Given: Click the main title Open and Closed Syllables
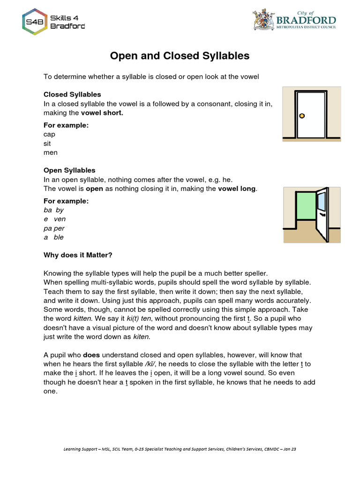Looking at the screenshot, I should [180, 56].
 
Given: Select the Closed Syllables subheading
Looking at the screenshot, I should [72, 94].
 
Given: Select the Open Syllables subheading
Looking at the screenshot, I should [69, 170].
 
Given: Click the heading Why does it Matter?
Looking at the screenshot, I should [78, 255].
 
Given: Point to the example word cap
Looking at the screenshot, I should [49, 134].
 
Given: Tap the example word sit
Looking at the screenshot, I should [47, 143].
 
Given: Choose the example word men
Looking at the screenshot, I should [51, 152].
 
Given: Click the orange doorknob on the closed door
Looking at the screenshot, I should [302, 115].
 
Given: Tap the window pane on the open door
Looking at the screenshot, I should [322, 200].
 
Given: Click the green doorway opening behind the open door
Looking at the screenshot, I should [305, 205].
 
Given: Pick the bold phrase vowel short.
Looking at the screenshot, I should [102, 113].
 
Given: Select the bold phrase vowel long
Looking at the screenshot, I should [237, 188].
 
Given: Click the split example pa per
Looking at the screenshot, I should [54, 228].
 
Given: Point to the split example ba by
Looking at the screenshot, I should [53, 210].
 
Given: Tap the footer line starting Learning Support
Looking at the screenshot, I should [180, 449].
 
